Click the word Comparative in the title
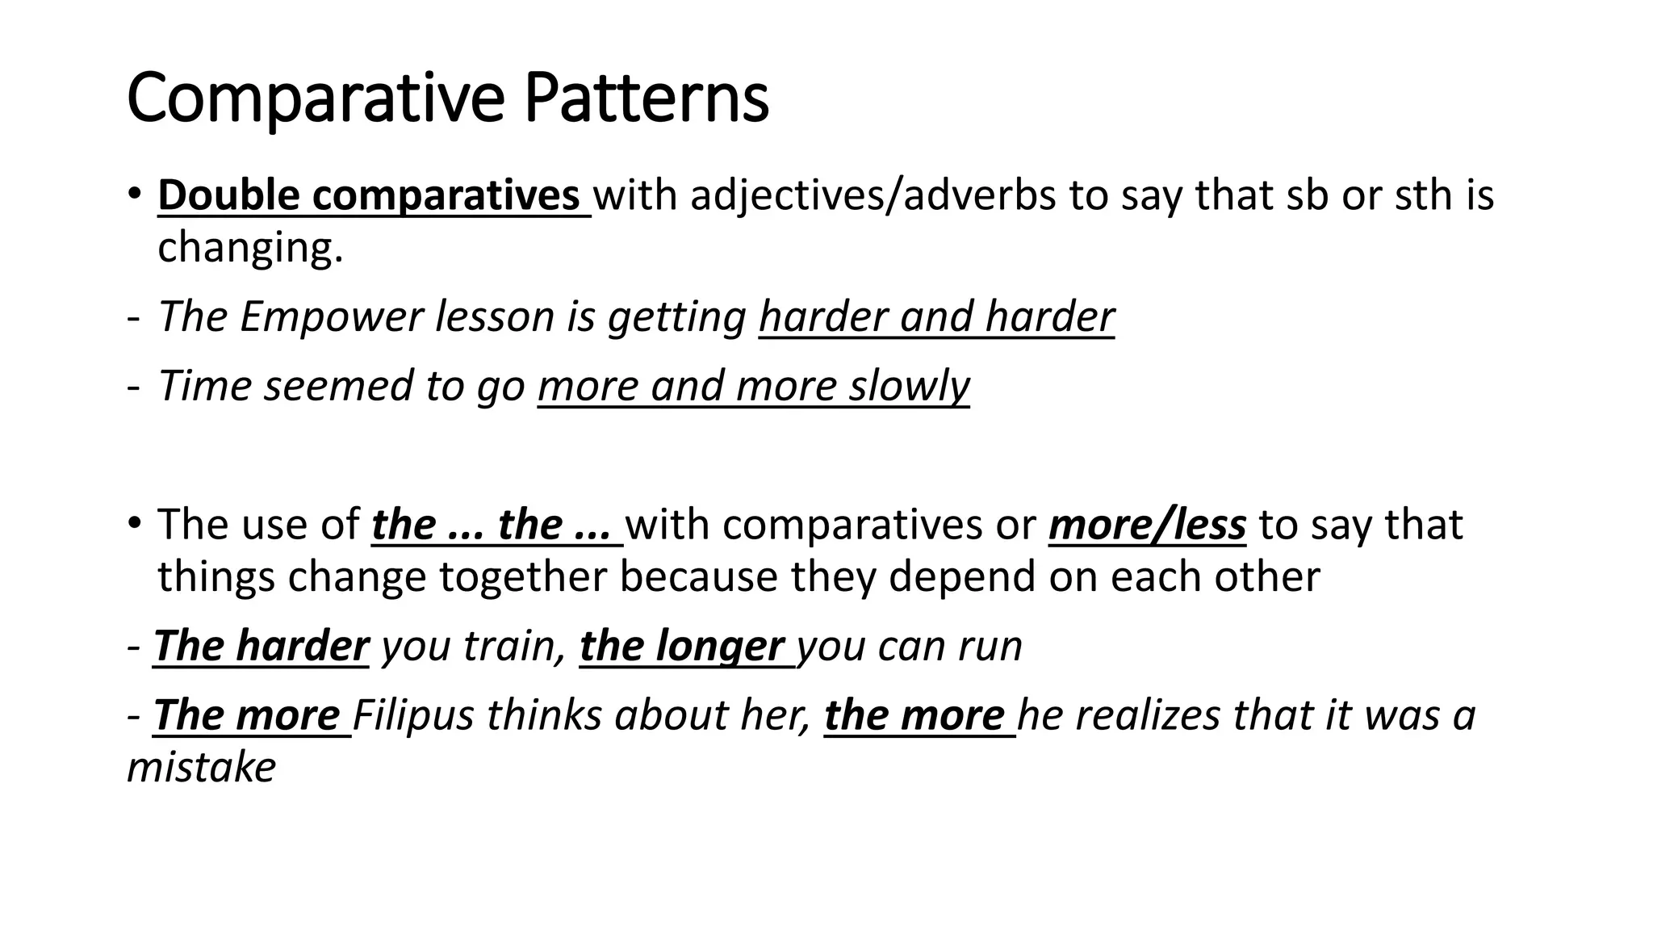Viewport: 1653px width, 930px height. pyautogui.click(x=316, y=98)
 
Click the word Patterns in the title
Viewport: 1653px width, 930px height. pyautogui.click(x=646, y=98)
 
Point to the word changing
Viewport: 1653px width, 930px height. pyautogui.click(x=250, y=248)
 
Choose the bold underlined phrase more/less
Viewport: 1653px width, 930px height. pyautogui.click(x=1147, y=525)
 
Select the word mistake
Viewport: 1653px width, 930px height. pyautogui.click(x=202, y=768)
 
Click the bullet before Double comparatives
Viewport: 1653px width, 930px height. pyautogui.click(x=135, y=195)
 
